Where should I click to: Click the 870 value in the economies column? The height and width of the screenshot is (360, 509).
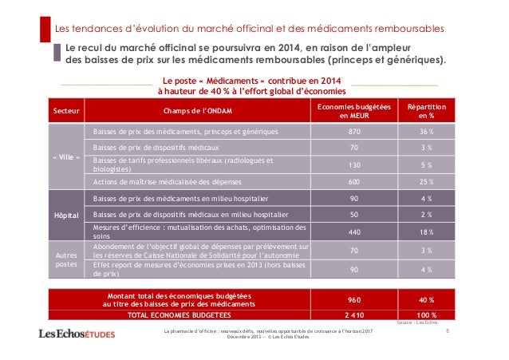point(354,131)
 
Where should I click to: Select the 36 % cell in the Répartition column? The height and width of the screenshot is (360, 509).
point(427,131)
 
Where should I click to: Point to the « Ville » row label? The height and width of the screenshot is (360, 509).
point(65,157)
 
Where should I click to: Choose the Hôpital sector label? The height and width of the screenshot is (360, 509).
point(65,215)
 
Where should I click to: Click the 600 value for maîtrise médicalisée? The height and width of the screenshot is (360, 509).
point(354,182)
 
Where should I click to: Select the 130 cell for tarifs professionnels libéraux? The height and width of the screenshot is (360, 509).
point(354,165)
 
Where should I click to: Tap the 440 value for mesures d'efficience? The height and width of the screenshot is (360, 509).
point(354,231)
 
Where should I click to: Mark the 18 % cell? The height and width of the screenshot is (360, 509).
point(427,231)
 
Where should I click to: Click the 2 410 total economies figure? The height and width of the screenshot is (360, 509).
point(354,315)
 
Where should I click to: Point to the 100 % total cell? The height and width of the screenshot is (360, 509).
point(427,315)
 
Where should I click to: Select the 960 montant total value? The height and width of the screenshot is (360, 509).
point(354,300)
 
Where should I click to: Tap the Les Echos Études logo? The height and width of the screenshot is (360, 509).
point(77,334)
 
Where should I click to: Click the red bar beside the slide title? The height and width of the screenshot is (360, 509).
point(45,30)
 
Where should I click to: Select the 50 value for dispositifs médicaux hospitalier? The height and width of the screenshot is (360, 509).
point(354,215)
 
